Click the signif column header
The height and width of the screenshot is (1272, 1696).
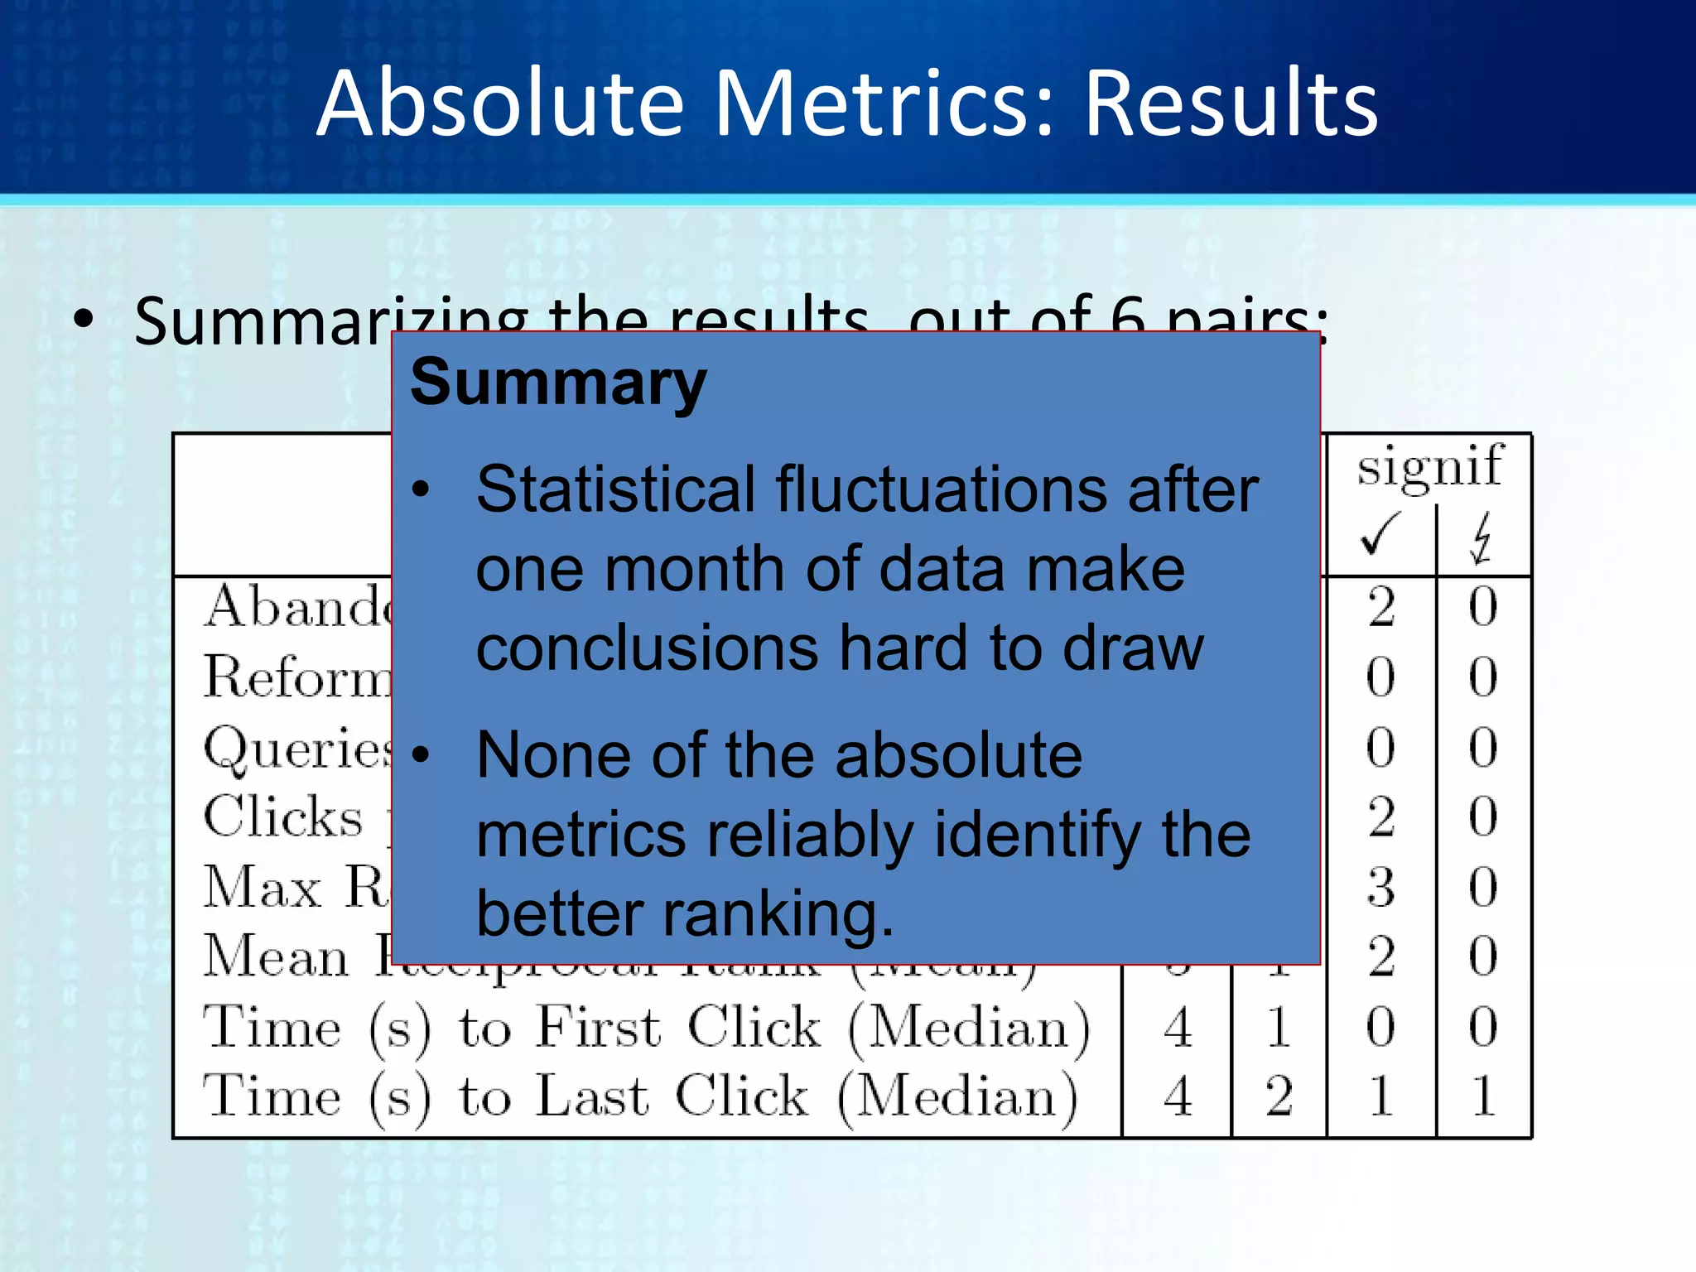pos(1429,465)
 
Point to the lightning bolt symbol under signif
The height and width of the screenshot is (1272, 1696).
pos(1482,538)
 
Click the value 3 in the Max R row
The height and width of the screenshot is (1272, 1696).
pos(1380,887)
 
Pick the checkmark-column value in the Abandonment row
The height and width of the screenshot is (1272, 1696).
pos(1380,607)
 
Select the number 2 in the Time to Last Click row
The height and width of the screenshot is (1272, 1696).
pos(1279,1096)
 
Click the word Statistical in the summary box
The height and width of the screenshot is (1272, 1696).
pos(614,489)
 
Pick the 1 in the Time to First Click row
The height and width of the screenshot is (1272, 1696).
pos(1279,1028)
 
